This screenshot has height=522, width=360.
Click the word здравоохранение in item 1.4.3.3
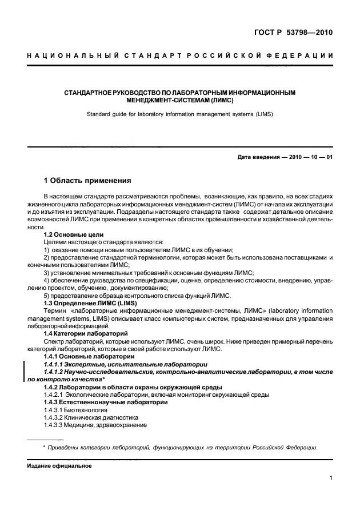(122, 426)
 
